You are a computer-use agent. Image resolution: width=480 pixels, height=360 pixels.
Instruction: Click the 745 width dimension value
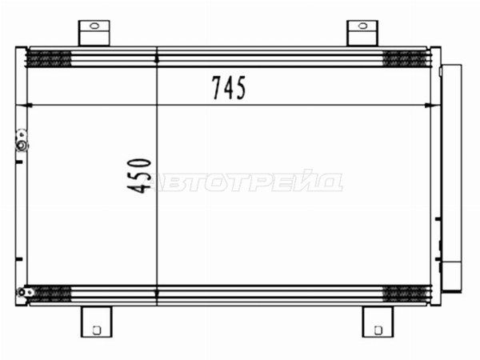229,88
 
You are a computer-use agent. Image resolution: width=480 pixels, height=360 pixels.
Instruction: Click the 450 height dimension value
139,176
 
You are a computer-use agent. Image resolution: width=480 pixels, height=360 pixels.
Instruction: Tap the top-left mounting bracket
94,33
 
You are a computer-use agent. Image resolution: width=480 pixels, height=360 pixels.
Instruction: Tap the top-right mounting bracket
362,33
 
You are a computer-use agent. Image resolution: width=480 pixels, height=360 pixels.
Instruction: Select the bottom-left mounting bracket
97,322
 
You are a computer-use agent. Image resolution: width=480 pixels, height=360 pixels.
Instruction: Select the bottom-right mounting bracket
378,322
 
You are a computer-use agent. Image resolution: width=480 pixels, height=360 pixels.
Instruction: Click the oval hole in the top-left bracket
94,26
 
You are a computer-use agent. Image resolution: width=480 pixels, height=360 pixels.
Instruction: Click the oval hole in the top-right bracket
362,26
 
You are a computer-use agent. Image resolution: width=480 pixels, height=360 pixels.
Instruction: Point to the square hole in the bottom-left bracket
97,330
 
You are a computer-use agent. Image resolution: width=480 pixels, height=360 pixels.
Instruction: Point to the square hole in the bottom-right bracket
378,330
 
